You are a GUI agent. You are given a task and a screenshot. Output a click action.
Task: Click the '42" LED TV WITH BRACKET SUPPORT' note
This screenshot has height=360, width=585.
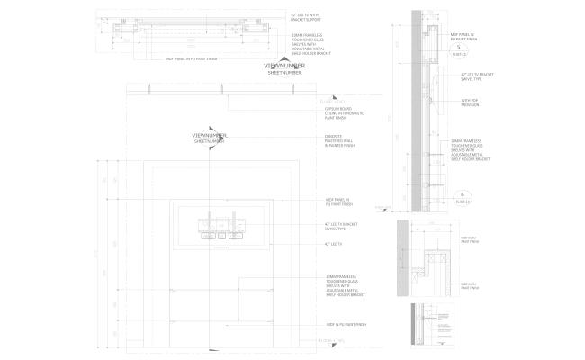coord(307,16)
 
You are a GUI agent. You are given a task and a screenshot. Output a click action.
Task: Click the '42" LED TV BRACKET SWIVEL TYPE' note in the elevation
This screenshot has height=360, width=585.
coord(341,225)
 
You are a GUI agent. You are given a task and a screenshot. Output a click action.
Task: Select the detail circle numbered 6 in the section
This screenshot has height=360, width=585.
coord(462,194)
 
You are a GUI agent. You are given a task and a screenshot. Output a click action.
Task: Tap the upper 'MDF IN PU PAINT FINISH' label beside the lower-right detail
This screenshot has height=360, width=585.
coord(469,240)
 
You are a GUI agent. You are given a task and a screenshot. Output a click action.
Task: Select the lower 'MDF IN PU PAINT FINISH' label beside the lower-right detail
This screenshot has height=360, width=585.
coord(469,286)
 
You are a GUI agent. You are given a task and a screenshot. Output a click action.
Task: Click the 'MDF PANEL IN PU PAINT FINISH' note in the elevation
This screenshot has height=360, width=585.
coord(343,202)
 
